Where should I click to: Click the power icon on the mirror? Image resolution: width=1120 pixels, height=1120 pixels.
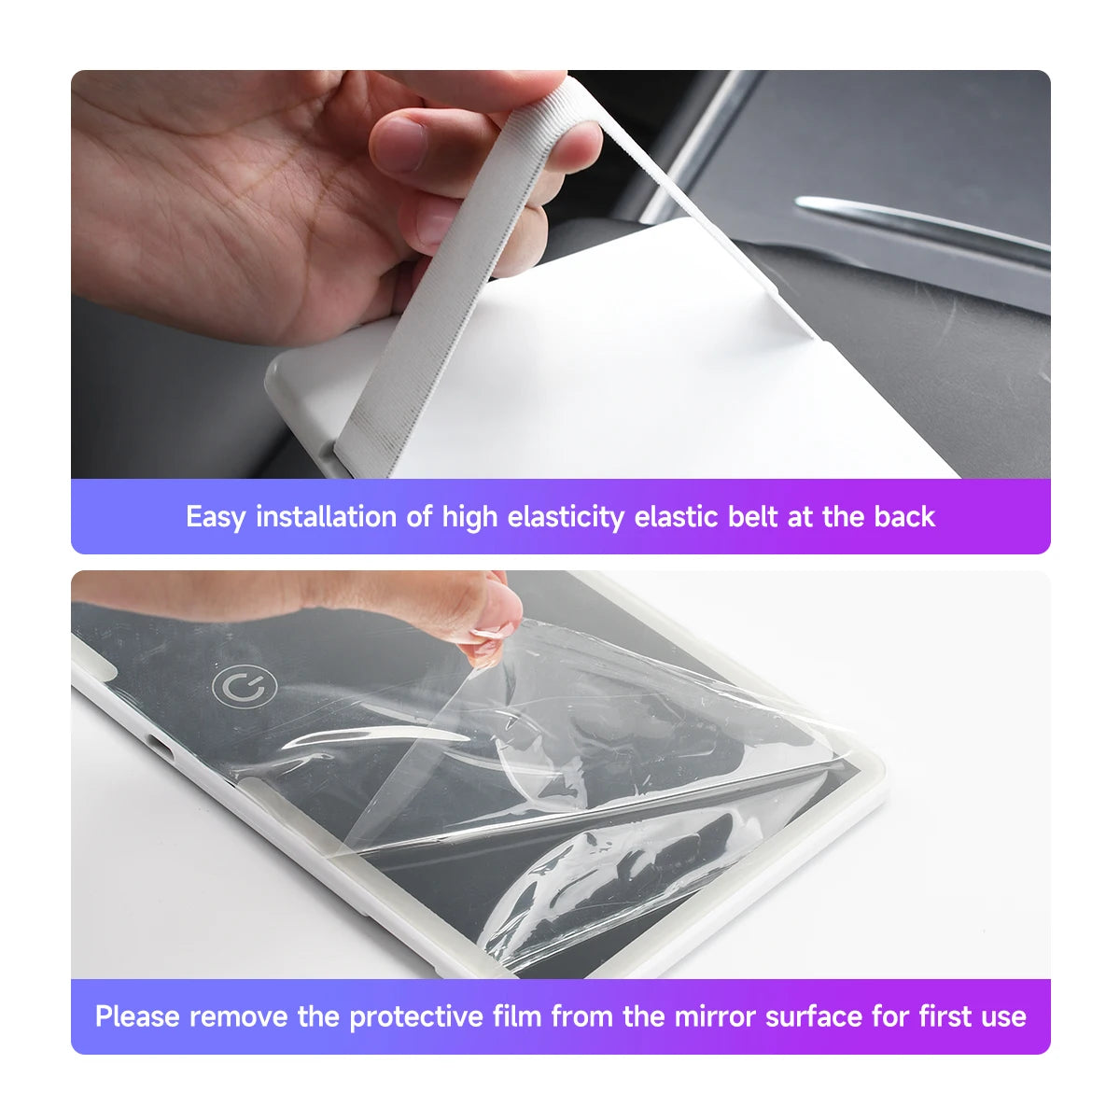click(x=245, y=689)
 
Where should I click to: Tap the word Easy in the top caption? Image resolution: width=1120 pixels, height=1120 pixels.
click(x=215, y=516)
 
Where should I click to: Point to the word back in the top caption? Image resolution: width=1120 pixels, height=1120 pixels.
click(x=903, y=516)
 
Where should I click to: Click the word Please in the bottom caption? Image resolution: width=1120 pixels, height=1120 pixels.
click(x=137, y=1016)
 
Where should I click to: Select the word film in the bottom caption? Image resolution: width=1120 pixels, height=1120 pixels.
click(x=517, y=1016)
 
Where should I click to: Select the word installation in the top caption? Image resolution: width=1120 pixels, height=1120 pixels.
click(x=326, y=516)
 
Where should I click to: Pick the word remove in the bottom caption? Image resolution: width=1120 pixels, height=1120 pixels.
click(x=238, y=1016)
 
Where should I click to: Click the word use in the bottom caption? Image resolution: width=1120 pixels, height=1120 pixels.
click(x=1003, y=1016)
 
